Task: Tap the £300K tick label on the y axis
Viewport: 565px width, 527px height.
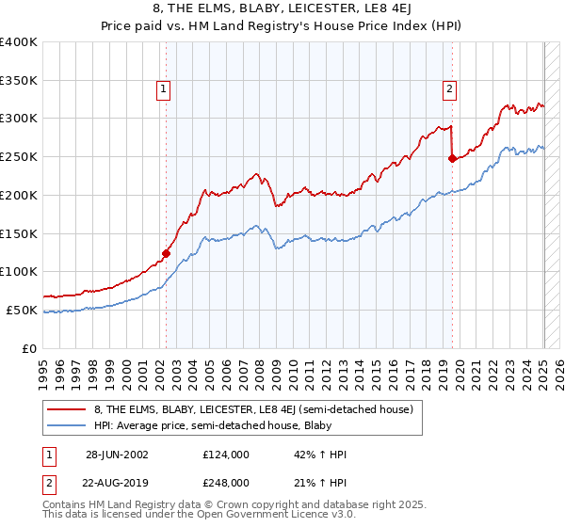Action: [x=19, y=119]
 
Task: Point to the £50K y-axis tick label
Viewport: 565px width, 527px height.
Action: [x=22, y=310]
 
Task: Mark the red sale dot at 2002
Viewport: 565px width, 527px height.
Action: [x=167, y=252]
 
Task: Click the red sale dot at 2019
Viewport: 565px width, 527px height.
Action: [x=452, y=158]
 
